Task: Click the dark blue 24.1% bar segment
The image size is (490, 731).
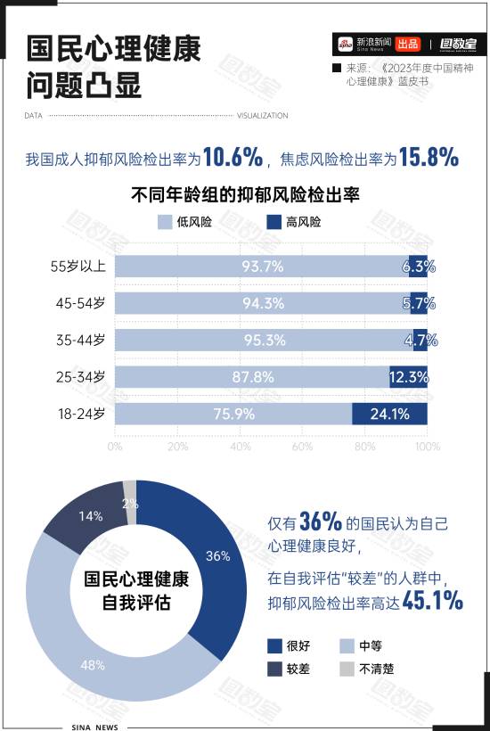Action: coord(389,414)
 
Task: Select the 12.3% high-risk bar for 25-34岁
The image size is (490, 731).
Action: coord(408,377)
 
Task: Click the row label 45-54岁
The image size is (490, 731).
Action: coord(78,303)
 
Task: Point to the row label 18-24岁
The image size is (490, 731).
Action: coord(78,414)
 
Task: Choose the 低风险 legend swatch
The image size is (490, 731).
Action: coord(165,222)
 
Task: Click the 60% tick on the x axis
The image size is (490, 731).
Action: coord(302,446)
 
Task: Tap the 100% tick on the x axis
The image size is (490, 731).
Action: coord(427,446)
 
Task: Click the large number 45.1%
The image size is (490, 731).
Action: coord(433,602)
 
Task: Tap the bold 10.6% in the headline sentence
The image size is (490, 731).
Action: coord(233,158)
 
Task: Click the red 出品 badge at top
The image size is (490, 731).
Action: coord(408,44)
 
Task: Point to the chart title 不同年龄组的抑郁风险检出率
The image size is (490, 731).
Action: coord(245,193)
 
